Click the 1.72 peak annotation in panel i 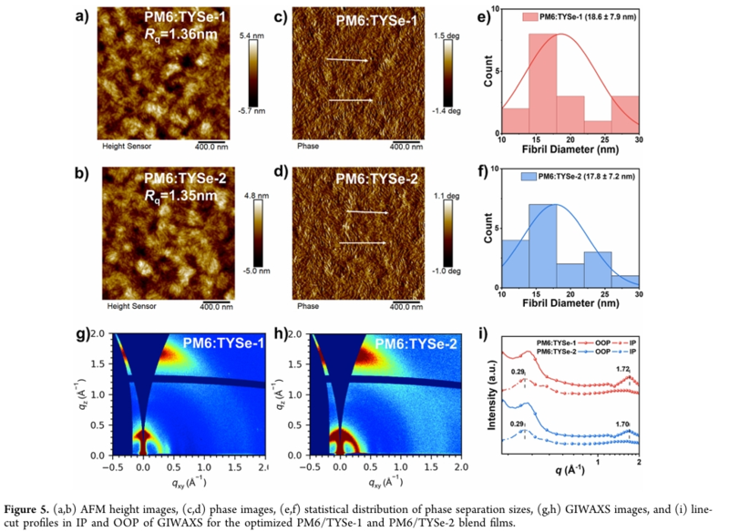point(623,368)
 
